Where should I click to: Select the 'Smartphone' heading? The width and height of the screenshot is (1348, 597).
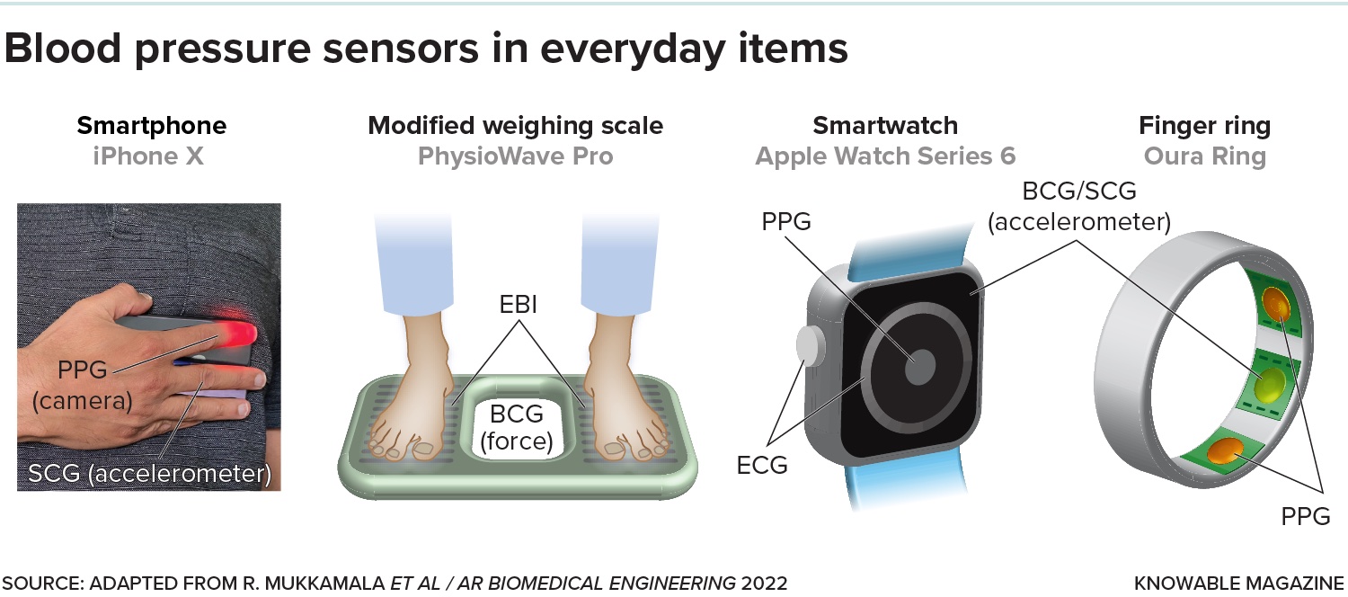[x=151, y=125]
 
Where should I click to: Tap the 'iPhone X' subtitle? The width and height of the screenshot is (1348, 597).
[x=148, y=156]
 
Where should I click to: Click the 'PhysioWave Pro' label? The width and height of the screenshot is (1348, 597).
[x=515, y=156]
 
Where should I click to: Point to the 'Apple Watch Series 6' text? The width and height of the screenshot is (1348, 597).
[x=885, y=156]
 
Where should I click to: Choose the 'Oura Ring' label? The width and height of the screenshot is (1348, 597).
[x=1204, y=156]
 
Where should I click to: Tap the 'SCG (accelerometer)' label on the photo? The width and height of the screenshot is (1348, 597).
[x=149, y=474]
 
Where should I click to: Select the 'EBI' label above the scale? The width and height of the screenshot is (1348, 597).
[x=519, y=305]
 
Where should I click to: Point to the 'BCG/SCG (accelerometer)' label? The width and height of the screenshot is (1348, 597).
[x=1078, y=206]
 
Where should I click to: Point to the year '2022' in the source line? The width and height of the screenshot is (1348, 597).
[x=764, y=583]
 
